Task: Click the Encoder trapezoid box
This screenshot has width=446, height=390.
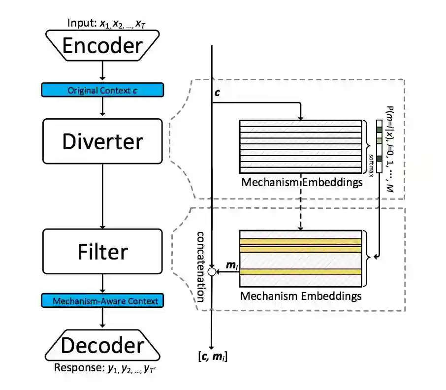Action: click(x=102, y=46)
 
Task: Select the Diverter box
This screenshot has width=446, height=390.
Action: click(x=102, y=141)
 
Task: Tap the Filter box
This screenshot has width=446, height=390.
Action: click(x=102, y=252)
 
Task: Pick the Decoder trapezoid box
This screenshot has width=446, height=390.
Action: click(x=102, y=346)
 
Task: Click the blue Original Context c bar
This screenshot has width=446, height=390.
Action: click(x=102, y=90)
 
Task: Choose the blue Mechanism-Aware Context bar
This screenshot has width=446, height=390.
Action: click(x=102, y=300)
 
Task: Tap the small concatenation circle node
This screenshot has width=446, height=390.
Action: click(x=212, y=271)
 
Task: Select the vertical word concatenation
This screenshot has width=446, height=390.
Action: click(x=201, y=265)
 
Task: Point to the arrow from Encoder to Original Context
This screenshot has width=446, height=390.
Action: click(x=102, y=72)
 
